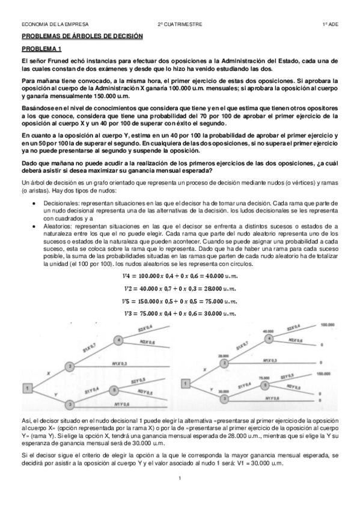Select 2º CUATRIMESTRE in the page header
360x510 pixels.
180,25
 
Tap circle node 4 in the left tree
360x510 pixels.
119,340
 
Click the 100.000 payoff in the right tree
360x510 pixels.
327,325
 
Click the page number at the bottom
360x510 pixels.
180,478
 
